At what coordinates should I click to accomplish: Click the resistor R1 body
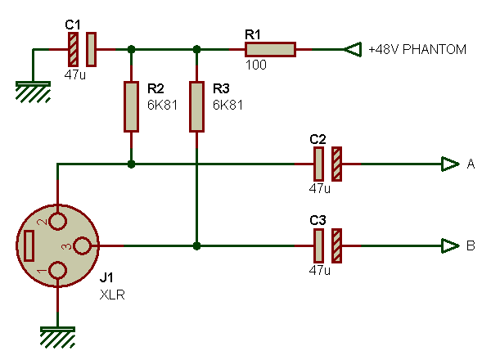[x=269, y=50]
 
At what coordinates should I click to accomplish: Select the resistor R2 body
[x=131, y=106]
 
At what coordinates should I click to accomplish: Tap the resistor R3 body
[x=196, y=106]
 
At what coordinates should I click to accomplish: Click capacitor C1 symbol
[x=82, y=50]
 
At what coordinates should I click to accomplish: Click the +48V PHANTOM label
[x=417, y=50]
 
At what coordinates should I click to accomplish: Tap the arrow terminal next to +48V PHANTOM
[x=351, y=50]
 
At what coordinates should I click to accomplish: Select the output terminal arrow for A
[x=449, y=164]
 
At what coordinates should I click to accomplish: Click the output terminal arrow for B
[x=449, y=245]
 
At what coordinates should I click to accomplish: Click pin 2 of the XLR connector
[x=57, y=220]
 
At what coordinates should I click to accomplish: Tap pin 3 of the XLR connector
[x=83, y=245]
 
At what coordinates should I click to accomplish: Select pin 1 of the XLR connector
[x=57, y=271]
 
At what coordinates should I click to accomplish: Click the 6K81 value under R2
[x=162, y=106]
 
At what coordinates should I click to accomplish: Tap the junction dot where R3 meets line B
[x=196, y=245]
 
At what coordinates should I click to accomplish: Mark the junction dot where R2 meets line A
[x=131, y=164]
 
